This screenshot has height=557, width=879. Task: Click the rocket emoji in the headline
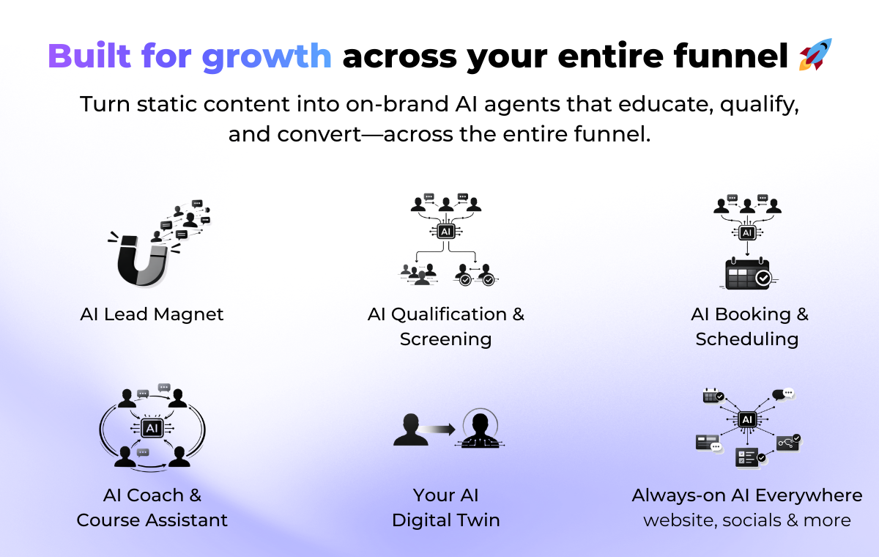point(815,55)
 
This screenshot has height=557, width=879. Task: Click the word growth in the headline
point(267,57)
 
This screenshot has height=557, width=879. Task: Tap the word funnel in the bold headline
point(731,56)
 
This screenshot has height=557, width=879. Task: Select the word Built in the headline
point(89,56)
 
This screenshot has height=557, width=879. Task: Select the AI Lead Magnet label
point(152,314)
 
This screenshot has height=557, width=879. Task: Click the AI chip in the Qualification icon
point(446,231)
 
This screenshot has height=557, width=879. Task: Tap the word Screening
point(446,339)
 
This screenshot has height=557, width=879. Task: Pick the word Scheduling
point(747,339)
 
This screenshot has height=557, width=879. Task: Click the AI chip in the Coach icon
point(152,428)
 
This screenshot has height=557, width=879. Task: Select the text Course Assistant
point(152,520)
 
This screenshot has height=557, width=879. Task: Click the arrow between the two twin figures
point(437,429)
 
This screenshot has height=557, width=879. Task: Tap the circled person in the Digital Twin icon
point(481,429)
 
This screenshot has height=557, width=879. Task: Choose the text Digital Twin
point(446,521)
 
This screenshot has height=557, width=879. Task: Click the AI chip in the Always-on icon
point(747,419)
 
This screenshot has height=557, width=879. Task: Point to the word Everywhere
point(809,495)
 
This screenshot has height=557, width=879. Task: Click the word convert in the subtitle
point(319,135)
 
